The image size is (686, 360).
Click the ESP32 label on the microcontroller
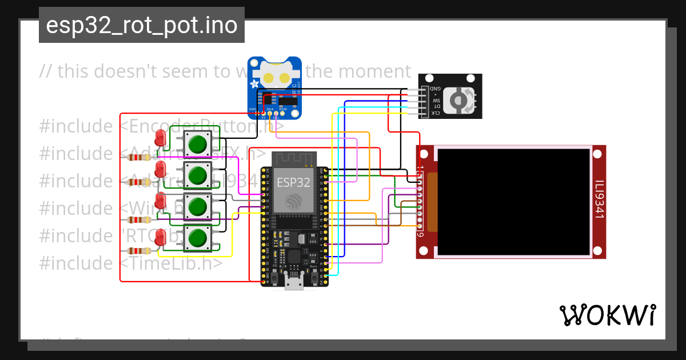(x=293, y=182)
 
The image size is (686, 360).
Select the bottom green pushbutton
(x=197, y=238)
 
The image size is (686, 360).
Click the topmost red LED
(x=161, y=138)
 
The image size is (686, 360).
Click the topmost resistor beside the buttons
(x=139, y=157)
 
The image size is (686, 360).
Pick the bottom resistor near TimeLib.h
(x=139, y=251)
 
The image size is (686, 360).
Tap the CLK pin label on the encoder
(x=436, y=113)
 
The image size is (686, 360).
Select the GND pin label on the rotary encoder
(x=436, y=89)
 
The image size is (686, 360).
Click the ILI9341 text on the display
(x=598, y=199)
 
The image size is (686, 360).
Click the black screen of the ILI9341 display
(x=513, y=201)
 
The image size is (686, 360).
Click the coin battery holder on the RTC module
(x=275, y=77)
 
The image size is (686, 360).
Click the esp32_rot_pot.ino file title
(x=141, y=26)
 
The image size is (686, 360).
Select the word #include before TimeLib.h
(x=75, y=263)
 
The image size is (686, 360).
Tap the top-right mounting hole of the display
(x=597, y=154)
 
